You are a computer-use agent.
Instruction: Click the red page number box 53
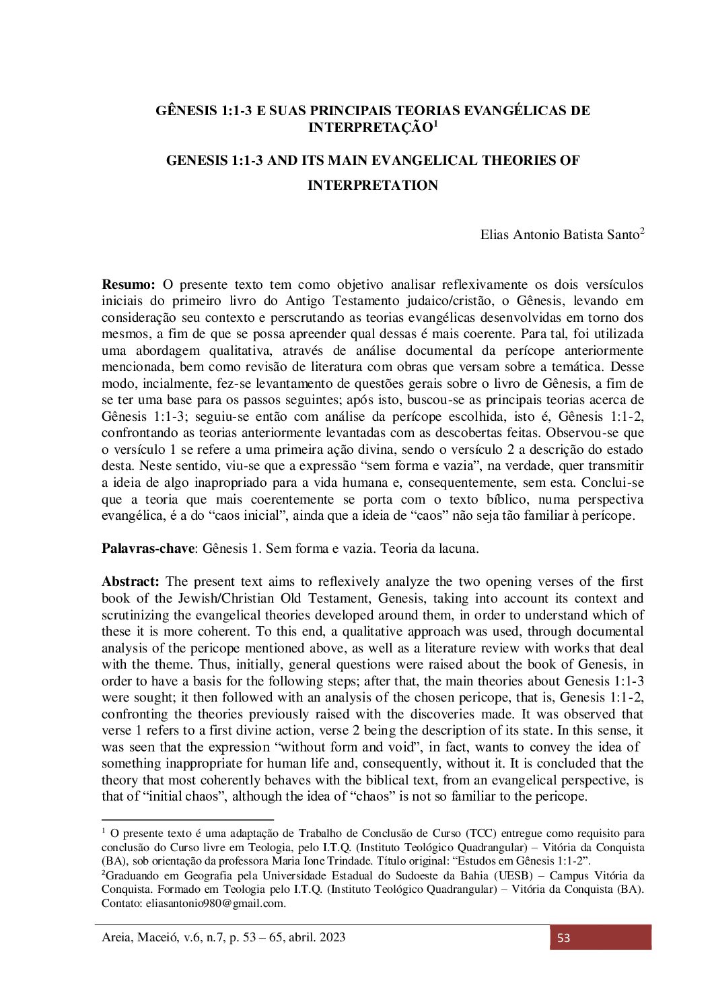[600, 937]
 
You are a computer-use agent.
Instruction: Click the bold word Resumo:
[129, 285]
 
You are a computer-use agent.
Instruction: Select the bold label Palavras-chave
[147, 548]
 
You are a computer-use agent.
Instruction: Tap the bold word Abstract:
[131, 582]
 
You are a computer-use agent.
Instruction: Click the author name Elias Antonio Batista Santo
[559, 235]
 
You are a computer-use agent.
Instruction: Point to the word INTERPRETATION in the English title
[372, 185]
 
